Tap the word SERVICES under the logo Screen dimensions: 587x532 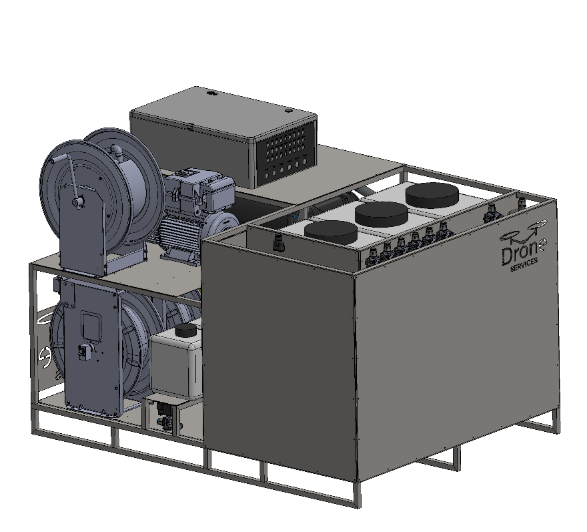click(x=524, y=264)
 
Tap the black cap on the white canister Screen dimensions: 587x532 click(x=186, y=330)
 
